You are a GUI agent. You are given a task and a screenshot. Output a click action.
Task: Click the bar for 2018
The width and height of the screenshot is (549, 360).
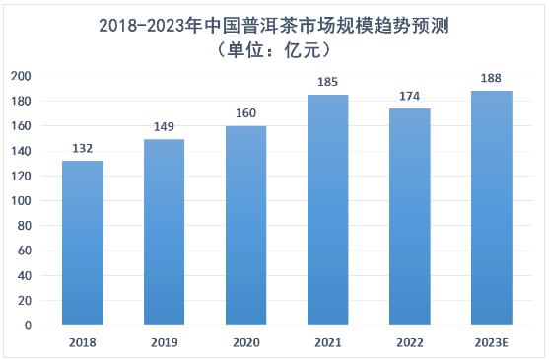tap(83, 243)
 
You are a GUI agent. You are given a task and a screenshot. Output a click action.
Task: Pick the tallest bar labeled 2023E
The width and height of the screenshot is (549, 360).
tap(491, 208)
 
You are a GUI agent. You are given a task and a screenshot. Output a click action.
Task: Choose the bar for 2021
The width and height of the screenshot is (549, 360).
tap(327, 209)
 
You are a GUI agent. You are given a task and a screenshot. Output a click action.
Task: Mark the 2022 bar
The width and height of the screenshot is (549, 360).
tap(409, 216)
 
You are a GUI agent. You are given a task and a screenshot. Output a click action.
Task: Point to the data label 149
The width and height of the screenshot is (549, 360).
tap(164, 128)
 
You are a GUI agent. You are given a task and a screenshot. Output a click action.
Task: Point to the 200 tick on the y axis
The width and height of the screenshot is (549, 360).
tap(21, 76)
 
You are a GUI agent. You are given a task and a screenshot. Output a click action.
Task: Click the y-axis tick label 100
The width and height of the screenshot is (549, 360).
tap(21, 200)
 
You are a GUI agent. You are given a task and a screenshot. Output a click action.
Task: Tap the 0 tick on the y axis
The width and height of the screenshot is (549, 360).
tap(28, 324)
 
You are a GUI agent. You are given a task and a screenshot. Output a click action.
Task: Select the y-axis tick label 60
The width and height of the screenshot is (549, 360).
tap(24, 251)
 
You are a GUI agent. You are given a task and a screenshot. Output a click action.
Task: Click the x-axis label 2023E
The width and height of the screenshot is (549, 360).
tap(491, 344)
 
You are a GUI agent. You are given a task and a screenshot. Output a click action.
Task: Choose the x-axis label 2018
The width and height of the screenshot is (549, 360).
tap(83, 344)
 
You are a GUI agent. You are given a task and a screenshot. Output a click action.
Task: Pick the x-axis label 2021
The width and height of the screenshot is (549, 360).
tap(327, 344)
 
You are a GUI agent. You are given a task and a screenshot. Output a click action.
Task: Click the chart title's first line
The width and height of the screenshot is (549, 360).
tap(274, 24)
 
